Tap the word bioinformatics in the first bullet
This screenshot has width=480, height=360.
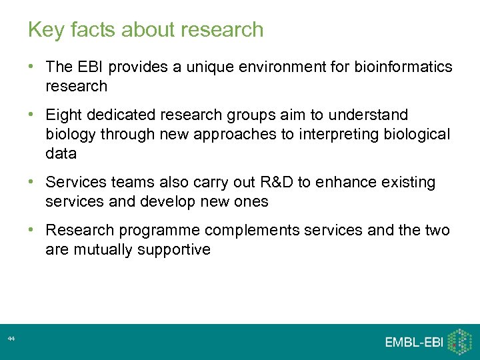click(x=404, y=67)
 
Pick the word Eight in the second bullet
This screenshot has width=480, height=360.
click(x=63, y=115)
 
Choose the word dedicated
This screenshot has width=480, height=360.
click(x=119, y=115)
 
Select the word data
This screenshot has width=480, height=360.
click(x=61, y=153)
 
